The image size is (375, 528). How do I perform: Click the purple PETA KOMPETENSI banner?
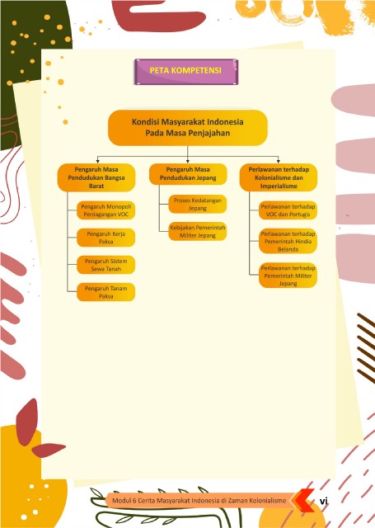click(186, 72)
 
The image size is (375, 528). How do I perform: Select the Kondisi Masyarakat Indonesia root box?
click(188, 128)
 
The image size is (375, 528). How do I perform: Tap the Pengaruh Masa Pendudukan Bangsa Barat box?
click(96, 177)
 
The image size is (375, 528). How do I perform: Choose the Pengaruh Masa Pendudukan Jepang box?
click(188, 174)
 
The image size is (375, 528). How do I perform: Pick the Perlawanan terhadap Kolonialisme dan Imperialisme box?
click(279, 177)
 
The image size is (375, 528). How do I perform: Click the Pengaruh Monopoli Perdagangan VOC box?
click(106, 210)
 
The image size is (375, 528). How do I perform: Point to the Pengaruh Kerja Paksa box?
click(106, 238)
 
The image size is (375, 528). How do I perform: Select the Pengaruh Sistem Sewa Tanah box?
click(106, 265)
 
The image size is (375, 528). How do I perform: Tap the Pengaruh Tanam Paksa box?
click(106, 292)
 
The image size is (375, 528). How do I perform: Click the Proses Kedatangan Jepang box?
click(198, 204)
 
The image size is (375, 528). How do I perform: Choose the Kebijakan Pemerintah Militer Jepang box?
click(198, 231)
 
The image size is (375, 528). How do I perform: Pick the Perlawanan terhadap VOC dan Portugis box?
click(288, 210)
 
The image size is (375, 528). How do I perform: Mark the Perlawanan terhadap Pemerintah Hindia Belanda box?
click(288, 241)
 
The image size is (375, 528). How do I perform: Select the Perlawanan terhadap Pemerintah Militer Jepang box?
click(288, 276)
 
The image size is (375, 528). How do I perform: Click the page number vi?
click(324, 501)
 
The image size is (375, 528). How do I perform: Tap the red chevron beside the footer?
click(303, 501)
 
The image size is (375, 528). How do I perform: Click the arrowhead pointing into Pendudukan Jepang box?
click(188, 162)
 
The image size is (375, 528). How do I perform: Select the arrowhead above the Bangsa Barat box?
click(98, 162)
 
